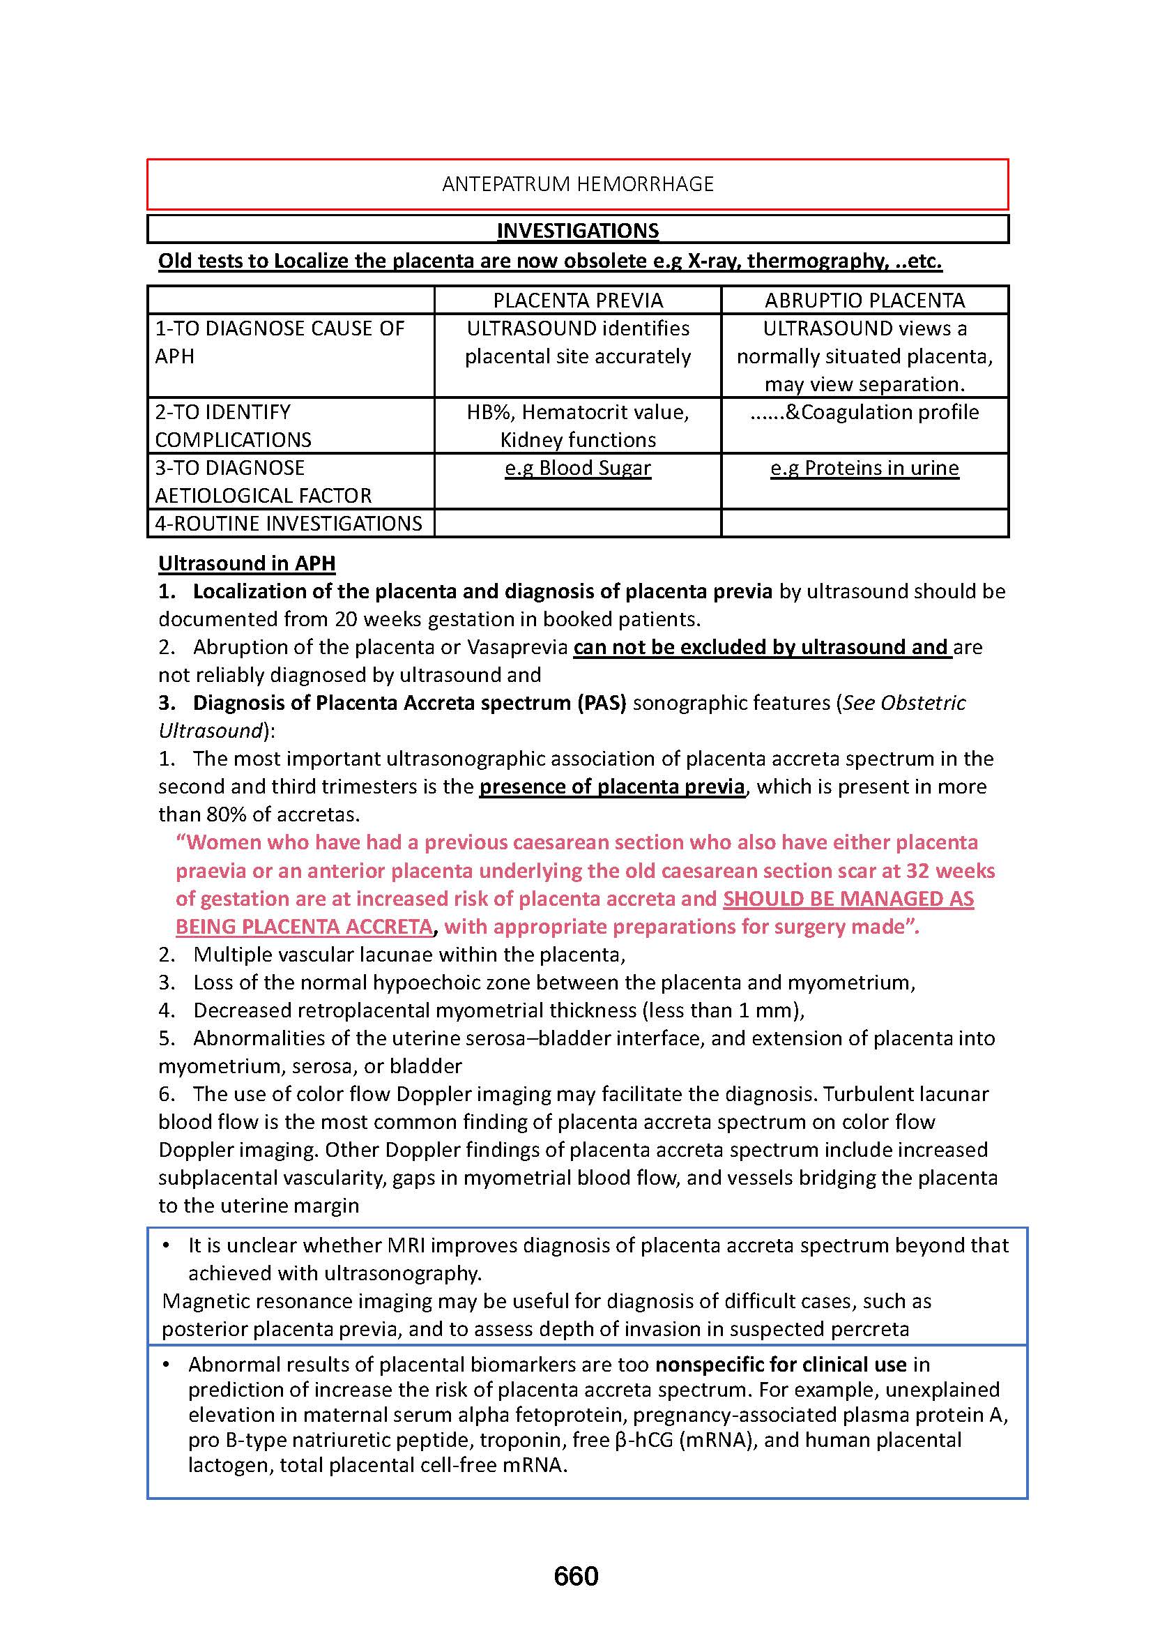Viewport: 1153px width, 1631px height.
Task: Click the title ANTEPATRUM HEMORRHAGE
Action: (577, 184)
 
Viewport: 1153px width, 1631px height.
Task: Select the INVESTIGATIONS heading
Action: (577, 231)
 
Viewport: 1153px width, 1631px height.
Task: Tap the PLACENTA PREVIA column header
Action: (577, 301)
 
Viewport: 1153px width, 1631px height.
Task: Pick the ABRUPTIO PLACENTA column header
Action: (864, 301)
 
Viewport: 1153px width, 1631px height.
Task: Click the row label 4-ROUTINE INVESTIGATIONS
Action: (289, 524)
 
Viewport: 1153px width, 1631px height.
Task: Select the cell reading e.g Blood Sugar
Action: (577, 468)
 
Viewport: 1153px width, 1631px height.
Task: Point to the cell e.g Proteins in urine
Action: (864, 468)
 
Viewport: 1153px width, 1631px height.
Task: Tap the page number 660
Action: (576, 1577)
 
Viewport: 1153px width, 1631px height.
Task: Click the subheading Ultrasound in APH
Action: (246, 563)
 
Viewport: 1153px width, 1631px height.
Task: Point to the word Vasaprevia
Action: (517, 647)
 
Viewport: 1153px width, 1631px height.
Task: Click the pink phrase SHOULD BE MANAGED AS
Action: (848, 899)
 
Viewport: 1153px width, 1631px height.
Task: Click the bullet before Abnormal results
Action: (166, 1365)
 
